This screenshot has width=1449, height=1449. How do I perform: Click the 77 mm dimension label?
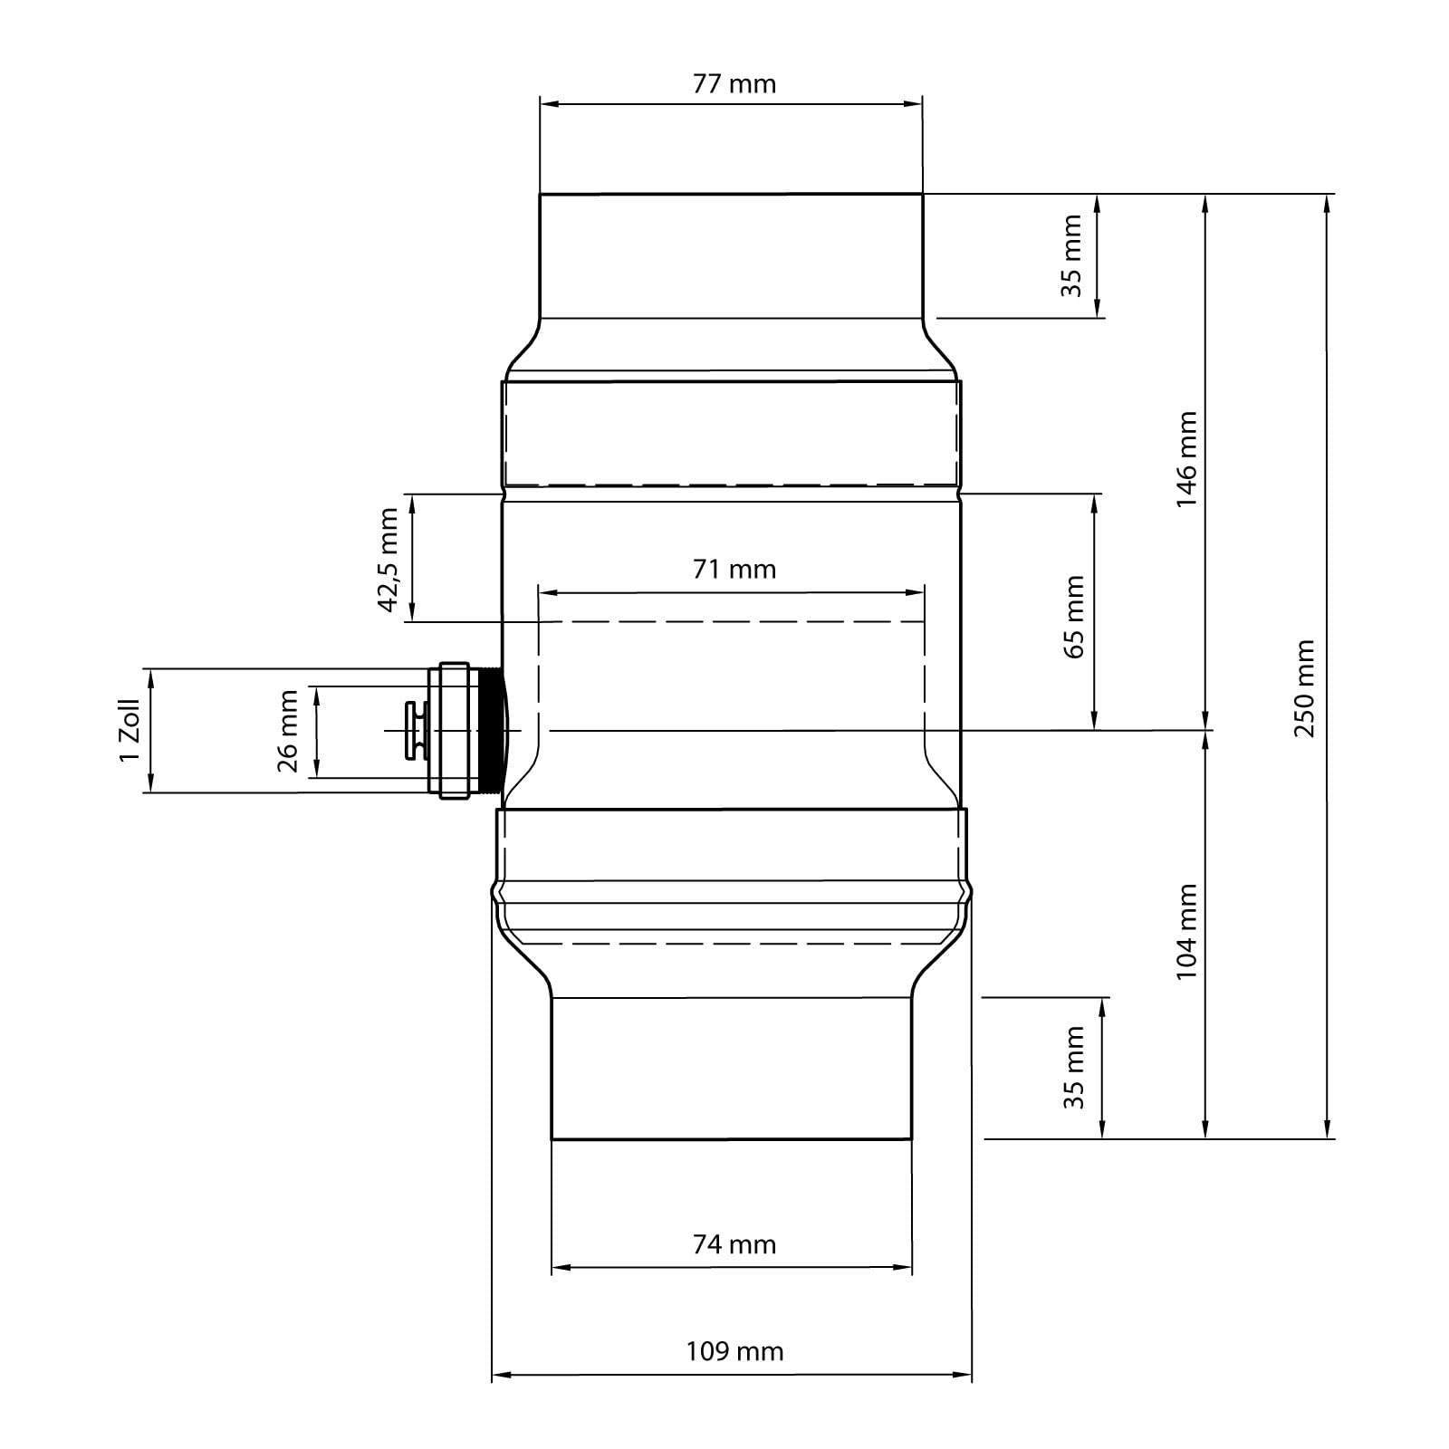coord(734,84)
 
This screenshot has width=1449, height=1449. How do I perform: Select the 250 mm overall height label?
coord(1305,688)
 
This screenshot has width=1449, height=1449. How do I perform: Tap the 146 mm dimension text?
coord(1186,459)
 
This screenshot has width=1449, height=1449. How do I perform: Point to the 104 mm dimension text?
coord(1186,931)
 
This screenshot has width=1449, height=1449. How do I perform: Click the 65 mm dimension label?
coord(1075,617)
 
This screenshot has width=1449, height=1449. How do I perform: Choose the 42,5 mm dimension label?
coord(389,561)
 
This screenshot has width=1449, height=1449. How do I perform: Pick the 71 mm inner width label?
coord(734,570)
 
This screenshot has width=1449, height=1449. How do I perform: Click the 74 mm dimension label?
coord(734,1245)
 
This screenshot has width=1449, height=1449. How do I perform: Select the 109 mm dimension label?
coord(734,1352)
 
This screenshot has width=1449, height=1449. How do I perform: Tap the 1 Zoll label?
coord(130,730)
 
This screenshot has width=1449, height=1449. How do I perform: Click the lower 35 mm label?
coord(1074,1067)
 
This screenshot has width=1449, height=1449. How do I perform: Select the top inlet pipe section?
coord(731,256)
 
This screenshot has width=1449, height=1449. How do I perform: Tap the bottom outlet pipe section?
coord(732,1069)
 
